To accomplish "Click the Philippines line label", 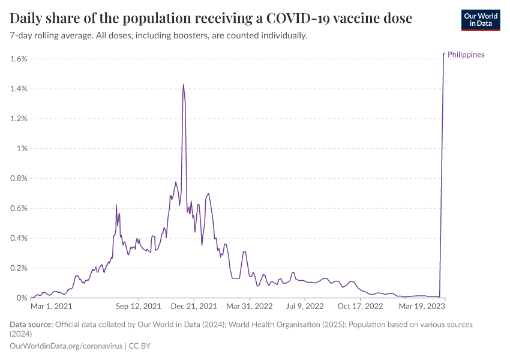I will click(x=466, y=55).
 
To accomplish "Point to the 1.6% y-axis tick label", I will click(x=19, y=59).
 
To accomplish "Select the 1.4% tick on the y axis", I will click(x=19, y=89).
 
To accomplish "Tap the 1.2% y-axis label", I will click(x=19, y=119).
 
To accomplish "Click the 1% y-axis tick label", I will click(x=22, y=149).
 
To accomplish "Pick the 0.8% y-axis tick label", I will click(x=19, y=178).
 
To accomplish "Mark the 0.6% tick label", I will click(x=19, y=208).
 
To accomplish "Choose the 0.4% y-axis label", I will click(x=19, y=238).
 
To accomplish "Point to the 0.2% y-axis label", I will click(x=19, y=268).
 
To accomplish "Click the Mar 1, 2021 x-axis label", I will click(x=51, y=306).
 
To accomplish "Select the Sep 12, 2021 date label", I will click(x=139, y=306).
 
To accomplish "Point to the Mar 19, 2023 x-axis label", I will click(x=423, y=306).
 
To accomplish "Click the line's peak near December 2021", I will click(x=183, y=85).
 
